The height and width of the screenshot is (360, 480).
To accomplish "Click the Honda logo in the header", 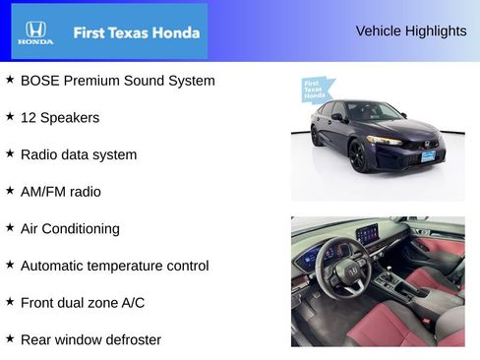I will [x=35, y=32].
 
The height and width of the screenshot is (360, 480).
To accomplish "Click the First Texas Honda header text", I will [x=137, y=32].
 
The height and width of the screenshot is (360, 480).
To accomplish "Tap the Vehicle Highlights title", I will [x=411, y=30].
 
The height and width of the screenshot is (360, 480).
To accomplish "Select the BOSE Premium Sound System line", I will [x=117, y=81].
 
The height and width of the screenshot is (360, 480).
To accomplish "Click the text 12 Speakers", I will [x=60, y=117].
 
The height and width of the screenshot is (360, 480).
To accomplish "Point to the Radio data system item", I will [x=79, y=154].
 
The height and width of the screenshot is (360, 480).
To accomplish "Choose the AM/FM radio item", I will [x=61, y=192].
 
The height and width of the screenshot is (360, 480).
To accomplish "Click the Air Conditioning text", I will [x=70, y=228].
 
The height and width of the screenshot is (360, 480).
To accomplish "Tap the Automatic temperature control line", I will [x=115, y=266].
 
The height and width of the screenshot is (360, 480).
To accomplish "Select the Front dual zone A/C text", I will [x=83, y=303].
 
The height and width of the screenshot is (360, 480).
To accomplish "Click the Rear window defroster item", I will [x=90, y=339].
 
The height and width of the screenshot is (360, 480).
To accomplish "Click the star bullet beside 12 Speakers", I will [x=10, y=116].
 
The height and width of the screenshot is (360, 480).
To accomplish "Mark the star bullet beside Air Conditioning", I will [x=10, y=227].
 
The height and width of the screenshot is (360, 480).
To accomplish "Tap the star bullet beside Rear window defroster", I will [x=10, y=338].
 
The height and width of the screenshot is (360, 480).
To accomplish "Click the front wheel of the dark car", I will [x=359, y=155].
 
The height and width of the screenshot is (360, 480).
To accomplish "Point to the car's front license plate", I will [x=428, y=155].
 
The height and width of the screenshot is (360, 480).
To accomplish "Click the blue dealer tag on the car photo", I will [x=315, y=90].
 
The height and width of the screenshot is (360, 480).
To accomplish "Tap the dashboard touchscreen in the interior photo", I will [x=367, y=234].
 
